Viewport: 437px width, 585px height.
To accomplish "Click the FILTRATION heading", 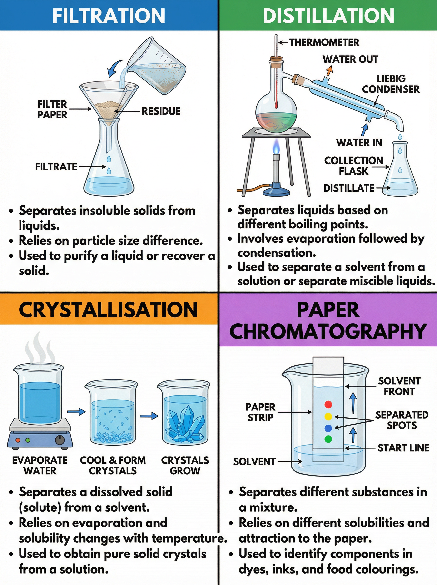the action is [x=109, y=16].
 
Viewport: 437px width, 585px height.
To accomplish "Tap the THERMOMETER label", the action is [x=324, y=42].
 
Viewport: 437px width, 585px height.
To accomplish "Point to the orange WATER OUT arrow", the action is [x=329, y=70].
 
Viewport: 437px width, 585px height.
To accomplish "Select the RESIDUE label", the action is [x=161, y=111].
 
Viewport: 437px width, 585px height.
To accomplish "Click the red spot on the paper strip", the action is [x=328, y=404].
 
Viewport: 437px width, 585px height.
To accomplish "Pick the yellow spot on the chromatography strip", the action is [x=328, y=417].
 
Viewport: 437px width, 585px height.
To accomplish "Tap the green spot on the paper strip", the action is [x=328, y=439].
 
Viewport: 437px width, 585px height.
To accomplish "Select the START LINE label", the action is [x=403, y=448].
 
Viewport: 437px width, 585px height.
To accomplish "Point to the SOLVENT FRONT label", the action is [x=399, y=386].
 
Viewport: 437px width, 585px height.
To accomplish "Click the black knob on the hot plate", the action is [x=60, y=440].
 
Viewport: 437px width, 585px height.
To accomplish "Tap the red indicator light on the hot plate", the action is [x=18, y=440].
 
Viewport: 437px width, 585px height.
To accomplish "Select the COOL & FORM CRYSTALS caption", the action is [x=113, y=466].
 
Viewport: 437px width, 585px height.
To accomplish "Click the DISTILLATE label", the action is [x=349, y=188].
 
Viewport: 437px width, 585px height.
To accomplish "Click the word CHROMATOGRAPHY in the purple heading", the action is [x=328, y=331].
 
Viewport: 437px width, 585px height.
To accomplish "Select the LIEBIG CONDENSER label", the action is [x=391, y=84].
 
